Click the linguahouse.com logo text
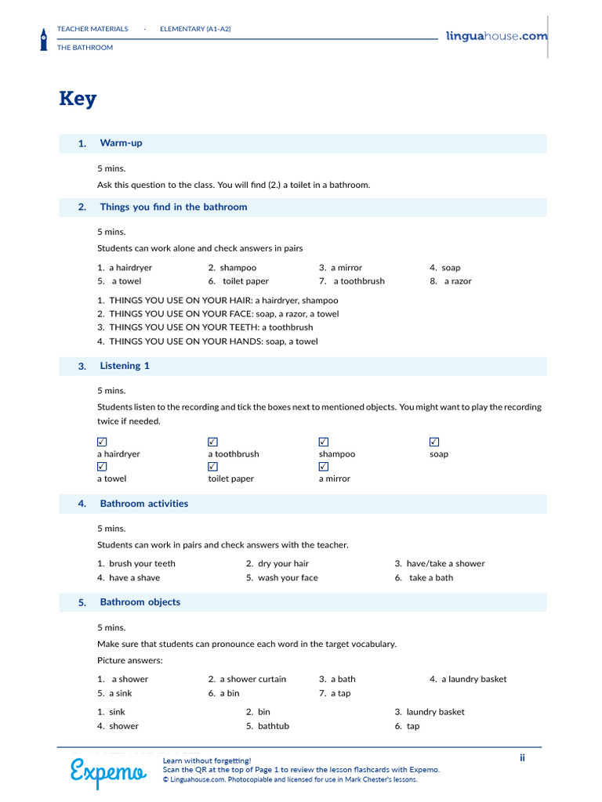tap(496, 36)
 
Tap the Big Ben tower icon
tap(44, 38)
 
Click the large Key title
tap(78, 99)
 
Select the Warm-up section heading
tap(121, 143)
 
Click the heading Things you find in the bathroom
tap(173, 208)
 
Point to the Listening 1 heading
tap(124, 366)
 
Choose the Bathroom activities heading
tap(143, 504)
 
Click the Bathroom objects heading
tap(140, 602)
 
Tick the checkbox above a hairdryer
tap(102, 442)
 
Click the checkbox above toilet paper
tap(212, 467)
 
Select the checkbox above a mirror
tap(324, 467)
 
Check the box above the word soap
tap(434, 442)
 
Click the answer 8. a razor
tap(451, 281)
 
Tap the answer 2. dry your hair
tap(277, 564)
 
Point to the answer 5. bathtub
tap(267, 726)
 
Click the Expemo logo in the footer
tap(107, 771)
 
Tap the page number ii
tap(522, 757)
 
